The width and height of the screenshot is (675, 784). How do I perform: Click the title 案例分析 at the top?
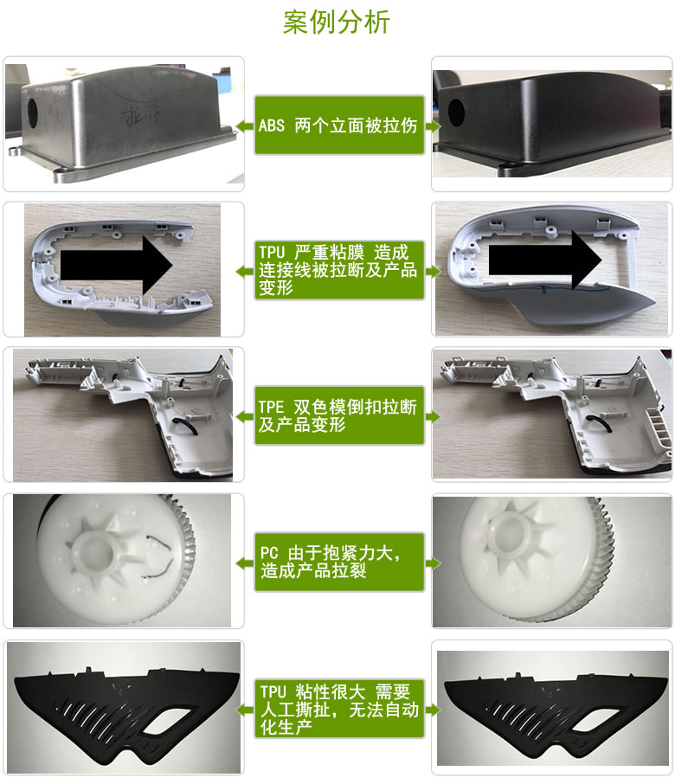pos(337,22)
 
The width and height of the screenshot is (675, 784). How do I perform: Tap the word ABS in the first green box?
pos(272,125)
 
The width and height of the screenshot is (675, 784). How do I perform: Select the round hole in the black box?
pos(456,112)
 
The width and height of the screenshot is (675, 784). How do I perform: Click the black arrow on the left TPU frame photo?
pos(117,266)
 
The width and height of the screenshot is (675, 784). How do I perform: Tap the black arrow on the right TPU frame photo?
pos(545,260)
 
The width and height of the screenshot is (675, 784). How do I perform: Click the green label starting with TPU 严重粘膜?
pos(339,270)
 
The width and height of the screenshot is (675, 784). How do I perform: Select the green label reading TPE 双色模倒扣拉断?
pos(339,415)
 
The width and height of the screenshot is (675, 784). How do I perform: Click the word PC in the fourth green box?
pos(269,554)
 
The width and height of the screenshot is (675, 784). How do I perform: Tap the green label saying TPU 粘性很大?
pos(339,709)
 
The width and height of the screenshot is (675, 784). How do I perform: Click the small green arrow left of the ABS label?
pos(245,125)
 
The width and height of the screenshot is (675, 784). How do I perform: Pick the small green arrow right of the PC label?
pos(433,563)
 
